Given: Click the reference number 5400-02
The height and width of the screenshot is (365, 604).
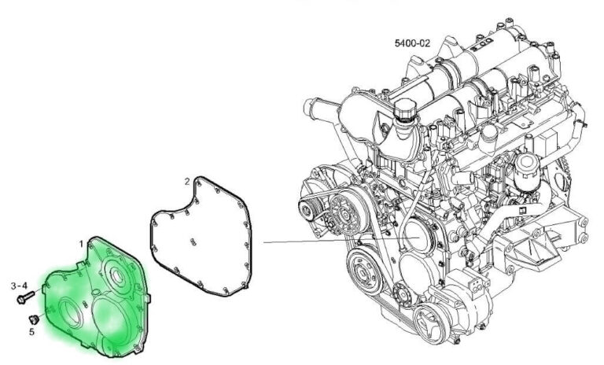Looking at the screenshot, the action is [x=412, y=42].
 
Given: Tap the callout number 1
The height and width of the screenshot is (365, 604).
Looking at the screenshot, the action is [x=81, y=244].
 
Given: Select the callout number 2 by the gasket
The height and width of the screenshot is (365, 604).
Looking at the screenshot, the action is [x=187, y=181].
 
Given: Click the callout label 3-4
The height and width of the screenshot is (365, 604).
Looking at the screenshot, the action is [x=19, y=286].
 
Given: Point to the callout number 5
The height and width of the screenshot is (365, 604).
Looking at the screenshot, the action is [x=31, y=331].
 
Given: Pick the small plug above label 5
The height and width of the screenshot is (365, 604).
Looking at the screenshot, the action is [x=35, y=319].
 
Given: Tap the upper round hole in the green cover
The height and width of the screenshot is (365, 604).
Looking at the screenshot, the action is [x=116, y=275].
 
